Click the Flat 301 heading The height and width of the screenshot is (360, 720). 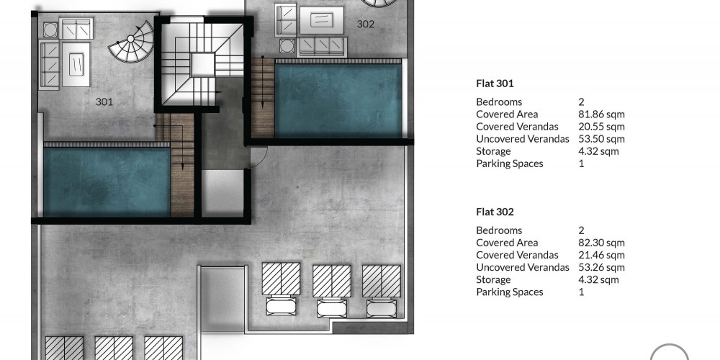pyautogui.click(x=495, y=84)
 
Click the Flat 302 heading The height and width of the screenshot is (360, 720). pyautogui.click(x=495, y=212)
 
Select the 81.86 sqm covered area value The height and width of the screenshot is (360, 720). pyautogui.click(x=601, y=114)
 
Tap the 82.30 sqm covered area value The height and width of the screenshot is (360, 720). pyautogui.click(x=601, y=243)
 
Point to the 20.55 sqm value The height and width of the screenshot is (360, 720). pyautogui.click(x=601, y=127)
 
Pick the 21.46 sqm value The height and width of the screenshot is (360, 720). pyautogui.click(x=601, y=256)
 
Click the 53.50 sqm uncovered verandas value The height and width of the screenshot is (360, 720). pyautogui.click(x=601, y=139)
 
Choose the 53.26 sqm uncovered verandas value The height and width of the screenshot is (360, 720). pyautogui.click(x=601, y=268)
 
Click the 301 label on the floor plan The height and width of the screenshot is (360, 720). pyautogui.click(x=104, y=102)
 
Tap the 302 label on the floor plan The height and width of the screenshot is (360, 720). pyautogui.click(x=366, y=24)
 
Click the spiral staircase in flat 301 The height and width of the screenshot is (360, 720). pyautogui.click(x=132, y=42)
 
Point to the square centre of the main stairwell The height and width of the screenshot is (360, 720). pyautogui.click(x=202, y=64)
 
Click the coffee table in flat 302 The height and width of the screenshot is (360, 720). pyautogui.click(x=321, y=20)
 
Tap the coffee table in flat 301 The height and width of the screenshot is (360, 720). pyautogui.click(x=76, y=64)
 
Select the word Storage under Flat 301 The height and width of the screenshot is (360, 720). pyautogui.click(x=493, y=151)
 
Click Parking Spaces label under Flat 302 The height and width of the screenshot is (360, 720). pyautogui.click(x=510, y=292)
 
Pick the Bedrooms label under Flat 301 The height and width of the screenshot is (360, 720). pyautogui.click(x=499, y=102)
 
